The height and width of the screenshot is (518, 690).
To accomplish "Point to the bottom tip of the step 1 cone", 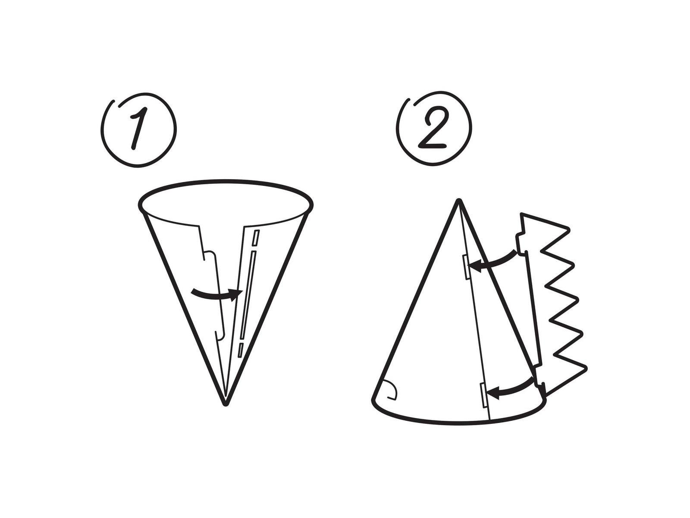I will point(225,404).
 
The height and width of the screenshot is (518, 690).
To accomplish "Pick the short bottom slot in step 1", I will point(241,350).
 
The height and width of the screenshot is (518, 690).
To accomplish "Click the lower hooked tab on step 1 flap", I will point(220,335).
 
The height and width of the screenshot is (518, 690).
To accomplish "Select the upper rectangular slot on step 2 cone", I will point(465,266).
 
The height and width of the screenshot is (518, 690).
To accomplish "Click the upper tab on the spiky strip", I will point(519,242).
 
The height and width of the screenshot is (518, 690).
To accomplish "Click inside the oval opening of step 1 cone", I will point(225,202).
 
